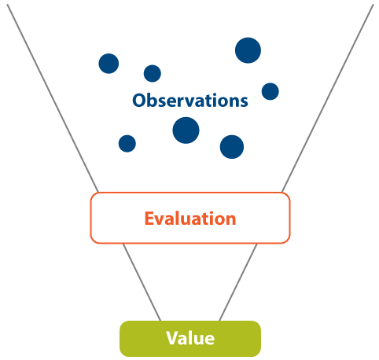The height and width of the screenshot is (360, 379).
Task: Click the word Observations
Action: [190, 101]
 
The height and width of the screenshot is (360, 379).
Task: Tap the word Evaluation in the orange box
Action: [190, 219]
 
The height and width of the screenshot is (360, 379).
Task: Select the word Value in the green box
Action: [190, 338]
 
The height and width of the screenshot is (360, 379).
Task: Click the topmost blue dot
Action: [248, 50]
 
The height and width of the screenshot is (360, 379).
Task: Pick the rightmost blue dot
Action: [270, 91]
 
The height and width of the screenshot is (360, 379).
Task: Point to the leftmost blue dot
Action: [109, 64]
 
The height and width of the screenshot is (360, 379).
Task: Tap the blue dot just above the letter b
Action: [153, 73]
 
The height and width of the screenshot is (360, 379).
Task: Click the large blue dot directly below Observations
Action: [186, 130]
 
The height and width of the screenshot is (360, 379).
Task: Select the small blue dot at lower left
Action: [127, 144]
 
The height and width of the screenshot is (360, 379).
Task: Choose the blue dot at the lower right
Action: [232, 147]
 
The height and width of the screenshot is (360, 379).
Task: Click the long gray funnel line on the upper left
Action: [53, 98]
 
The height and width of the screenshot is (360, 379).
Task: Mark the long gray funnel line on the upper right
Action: [328, 97]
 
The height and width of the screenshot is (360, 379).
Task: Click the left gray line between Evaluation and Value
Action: [142, 282]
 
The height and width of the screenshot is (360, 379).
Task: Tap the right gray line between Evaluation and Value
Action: [238, 282]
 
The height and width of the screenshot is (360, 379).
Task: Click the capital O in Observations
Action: [139, 101]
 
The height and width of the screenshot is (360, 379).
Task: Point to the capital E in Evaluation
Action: [149, 219]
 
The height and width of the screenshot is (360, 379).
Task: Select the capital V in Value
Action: [173, 338]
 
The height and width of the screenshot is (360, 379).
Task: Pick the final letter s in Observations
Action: [244, 102]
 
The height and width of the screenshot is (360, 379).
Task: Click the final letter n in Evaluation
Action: [231, 220]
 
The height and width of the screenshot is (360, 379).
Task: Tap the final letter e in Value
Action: [209, 340]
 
